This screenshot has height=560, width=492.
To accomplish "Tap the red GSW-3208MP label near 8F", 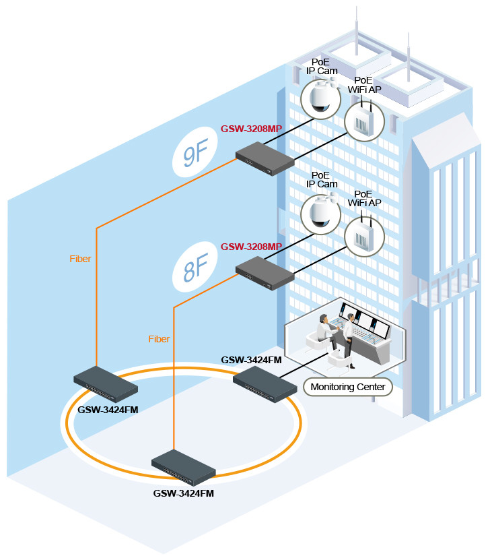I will [251, 247].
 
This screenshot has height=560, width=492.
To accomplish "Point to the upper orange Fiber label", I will [80, 259].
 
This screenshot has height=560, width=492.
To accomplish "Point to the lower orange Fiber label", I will [160, 339].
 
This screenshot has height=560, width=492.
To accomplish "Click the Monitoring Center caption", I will [348, 387].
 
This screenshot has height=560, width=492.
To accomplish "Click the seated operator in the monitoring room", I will [324, 330].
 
